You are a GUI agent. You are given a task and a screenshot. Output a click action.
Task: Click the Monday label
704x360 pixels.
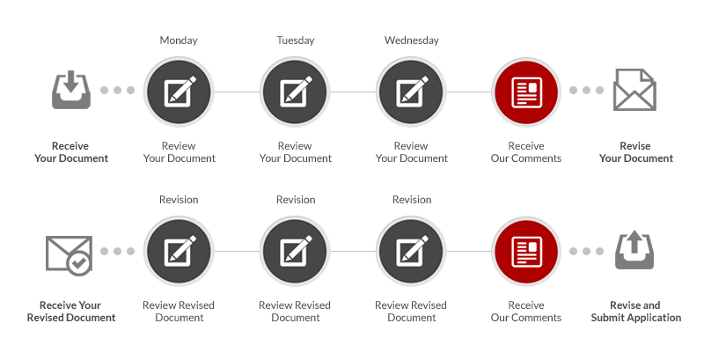pyautogui.click(x=179, y=40)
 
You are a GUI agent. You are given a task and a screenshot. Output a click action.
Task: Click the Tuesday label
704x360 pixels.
pyautogui.click(x=295, y=40)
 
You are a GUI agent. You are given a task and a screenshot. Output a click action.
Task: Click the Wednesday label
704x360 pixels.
pyautogui.click(x=411, y=40)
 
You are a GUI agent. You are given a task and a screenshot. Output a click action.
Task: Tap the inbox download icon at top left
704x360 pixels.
pyautogui.click(x=71, y=91)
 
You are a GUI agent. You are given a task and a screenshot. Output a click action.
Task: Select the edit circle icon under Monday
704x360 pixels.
pyautogui.click(x=179, y=91)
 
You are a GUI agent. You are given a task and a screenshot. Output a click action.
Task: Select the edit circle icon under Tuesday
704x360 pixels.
pyautogui.click(x=295, y=91)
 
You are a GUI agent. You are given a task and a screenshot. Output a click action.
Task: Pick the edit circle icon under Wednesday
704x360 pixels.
pyautogui.click(x=411, y=91)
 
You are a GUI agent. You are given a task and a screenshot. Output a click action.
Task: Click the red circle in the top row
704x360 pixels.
pyautogui.click(x=526, y=91)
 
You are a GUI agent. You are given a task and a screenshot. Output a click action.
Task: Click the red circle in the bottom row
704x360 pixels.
pyautogui.click(x=526, y=251)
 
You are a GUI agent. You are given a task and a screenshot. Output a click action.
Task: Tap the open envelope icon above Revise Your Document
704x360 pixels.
pyautogui.click(x=635, y=90)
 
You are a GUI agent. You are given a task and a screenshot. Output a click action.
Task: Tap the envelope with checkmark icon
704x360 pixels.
pyautogui.click(x=70, y=252)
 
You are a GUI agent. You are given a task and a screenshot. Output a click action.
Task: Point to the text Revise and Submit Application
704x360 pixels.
pyautogui.click(x=635, y=311)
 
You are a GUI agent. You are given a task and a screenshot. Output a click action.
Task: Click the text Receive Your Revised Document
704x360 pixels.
pyautogui.click(x=70, y=311)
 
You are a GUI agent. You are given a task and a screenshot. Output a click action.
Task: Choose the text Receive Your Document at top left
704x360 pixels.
pyautogui.click(x=70, y=151)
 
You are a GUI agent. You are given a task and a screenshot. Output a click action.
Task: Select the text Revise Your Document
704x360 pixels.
pyautogui.click(x=635, y=151)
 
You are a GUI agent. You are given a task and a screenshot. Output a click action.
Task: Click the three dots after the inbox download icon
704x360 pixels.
pyautogui.click(x=117, y=91)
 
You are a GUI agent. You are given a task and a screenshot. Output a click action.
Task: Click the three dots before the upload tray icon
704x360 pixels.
pyautogui.click(x=586, y=251)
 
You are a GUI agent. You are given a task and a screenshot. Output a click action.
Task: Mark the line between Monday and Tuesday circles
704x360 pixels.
pyautogui.click(x=237, y=91)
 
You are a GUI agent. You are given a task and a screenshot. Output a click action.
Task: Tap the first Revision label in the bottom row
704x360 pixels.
pyautogui.click(x=179, y=200)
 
